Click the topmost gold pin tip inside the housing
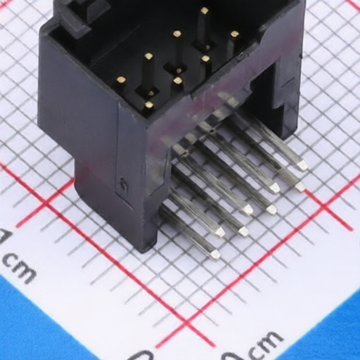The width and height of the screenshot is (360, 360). (204, 11)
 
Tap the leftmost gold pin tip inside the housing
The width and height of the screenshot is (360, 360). (120, 80)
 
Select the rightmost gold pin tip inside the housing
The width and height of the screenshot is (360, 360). (234, 34)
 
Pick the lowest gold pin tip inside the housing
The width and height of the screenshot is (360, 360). (149, 105)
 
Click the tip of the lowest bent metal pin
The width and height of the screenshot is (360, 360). (215, 255)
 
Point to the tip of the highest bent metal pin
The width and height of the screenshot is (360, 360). (302, 165)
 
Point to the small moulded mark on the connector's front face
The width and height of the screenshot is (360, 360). (124, 187)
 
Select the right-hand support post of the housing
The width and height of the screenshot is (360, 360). (285, 105)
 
